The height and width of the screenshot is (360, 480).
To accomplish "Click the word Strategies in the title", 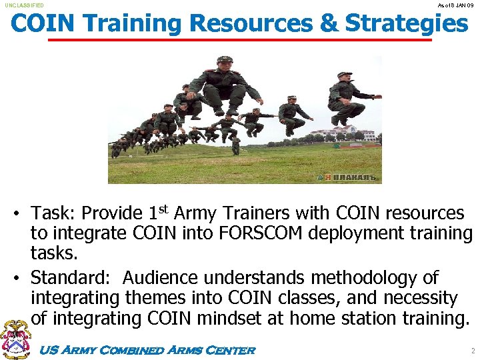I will (x=407, y=23).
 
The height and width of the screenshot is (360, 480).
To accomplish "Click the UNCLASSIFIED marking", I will (x=24, y=5).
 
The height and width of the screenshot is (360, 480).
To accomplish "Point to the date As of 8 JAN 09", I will (x=457, y=5).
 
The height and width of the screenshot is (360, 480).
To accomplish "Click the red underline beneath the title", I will (x=240, y=40).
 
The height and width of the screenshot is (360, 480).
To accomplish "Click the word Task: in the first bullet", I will (x=53, y=213).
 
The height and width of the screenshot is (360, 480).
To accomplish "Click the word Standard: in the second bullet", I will (x=73, y=277).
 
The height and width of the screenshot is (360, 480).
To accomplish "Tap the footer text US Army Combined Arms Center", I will (x=147, y=350).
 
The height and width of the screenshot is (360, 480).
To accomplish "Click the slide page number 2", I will (x=472, y=351).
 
